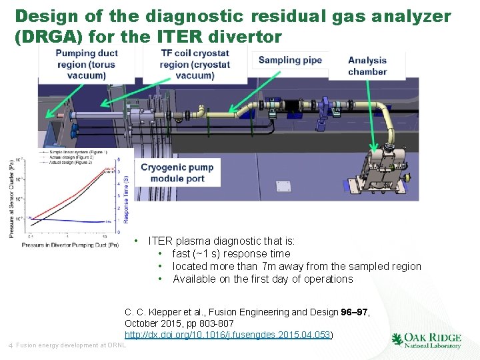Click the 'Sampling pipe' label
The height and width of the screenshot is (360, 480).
(x=290, y=61)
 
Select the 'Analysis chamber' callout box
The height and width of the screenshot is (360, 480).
(x=367, y=66)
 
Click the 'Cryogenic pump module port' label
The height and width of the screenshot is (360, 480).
(x=177, y=173)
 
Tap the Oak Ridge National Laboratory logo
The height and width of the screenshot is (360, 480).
(x=427, y=341)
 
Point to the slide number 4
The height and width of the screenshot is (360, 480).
(x=10, y=345)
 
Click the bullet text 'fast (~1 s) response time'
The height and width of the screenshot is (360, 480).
(x=231, y=253)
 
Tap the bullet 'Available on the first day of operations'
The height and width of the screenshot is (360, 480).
(x=263, y=279)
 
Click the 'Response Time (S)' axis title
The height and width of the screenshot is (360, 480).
(x=127, y=193)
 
